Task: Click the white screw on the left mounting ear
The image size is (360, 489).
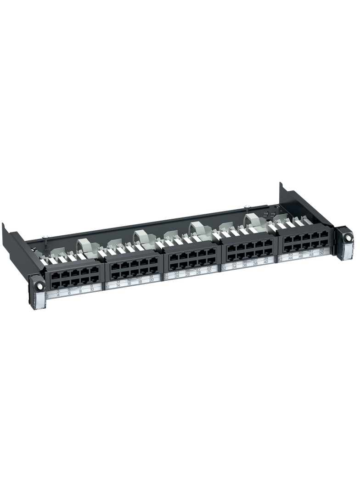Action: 39,285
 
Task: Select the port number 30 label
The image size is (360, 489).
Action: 209,271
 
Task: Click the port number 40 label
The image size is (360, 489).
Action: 267,262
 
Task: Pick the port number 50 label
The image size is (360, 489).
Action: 321,253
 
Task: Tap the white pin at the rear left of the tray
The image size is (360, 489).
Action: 46,237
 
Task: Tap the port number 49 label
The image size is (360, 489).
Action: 321,249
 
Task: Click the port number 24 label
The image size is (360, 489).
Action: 177,276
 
